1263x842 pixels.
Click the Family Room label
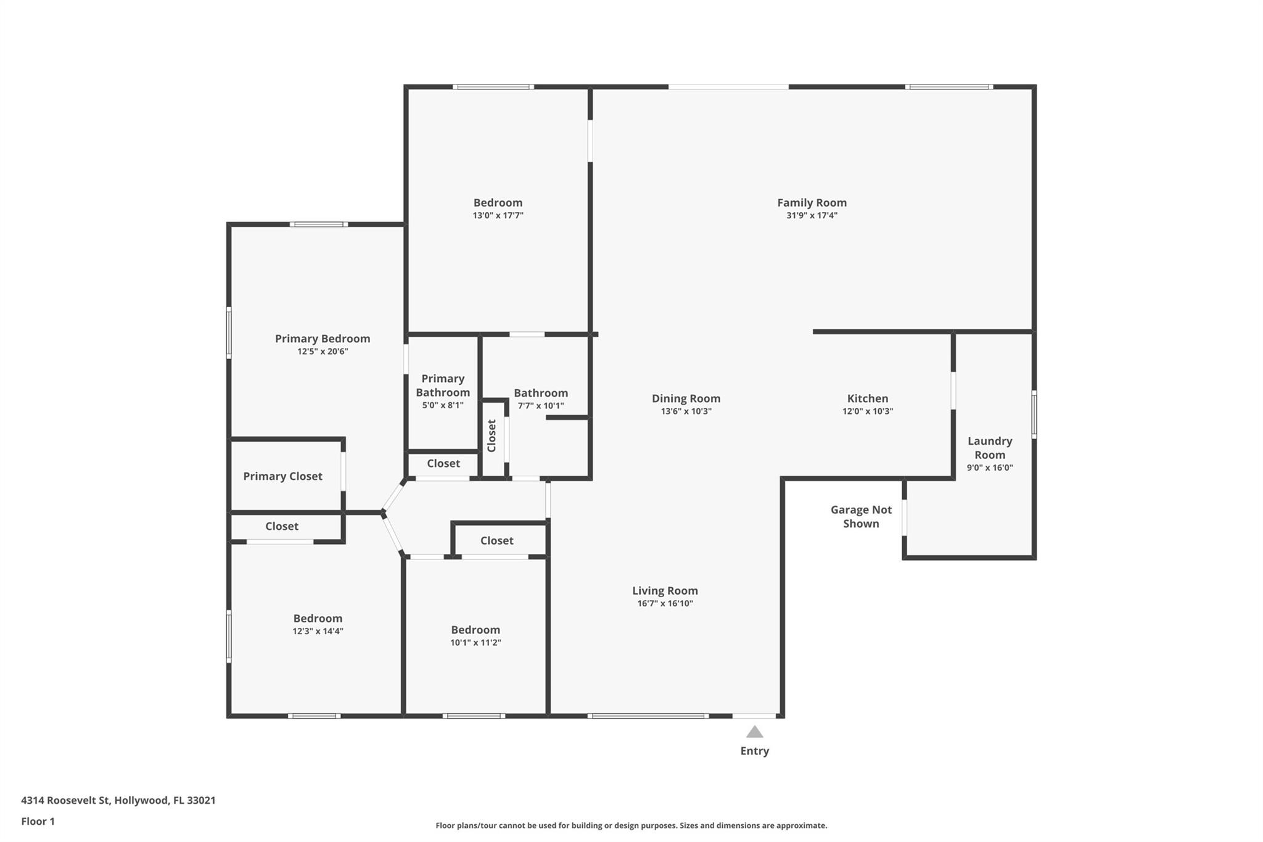coord(812,202)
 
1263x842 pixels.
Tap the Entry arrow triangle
coord(754,732)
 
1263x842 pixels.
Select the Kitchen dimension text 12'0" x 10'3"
coord(868,411)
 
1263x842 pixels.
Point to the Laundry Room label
coord(990,448)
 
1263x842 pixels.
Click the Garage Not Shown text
coord(861,516)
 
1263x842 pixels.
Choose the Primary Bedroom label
coord(323,339)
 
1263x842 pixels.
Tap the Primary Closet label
coord(282,476)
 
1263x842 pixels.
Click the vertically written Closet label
coord(492,435)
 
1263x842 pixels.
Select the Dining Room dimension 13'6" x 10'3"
coord(686,411)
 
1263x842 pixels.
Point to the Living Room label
coord(665,591)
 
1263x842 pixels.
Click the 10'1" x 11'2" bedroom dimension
coord(475,643)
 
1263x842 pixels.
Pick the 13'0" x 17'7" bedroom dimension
coord(498,216)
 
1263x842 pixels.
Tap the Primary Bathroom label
coord(443,386)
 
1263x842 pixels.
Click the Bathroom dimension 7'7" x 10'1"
coord(540,406)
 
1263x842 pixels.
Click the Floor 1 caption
coord(38,822)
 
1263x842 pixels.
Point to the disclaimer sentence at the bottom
coord(631,825)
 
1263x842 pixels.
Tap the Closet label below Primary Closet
coord(282,526)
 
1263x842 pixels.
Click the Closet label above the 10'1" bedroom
coord(496,540)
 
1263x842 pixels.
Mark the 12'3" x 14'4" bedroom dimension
coord(318,631)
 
